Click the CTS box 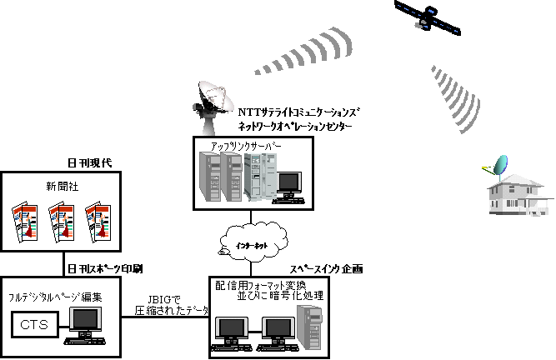pos(33,323)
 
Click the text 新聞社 pos(58,182)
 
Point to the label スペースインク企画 pos(328,269)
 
